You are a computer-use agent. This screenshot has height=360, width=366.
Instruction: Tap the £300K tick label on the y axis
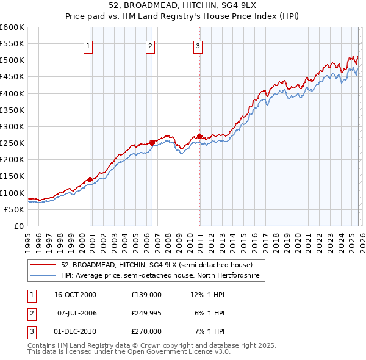12,126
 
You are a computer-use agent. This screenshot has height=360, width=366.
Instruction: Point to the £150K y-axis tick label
12,176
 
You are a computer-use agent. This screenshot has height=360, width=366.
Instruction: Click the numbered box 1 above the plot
89,45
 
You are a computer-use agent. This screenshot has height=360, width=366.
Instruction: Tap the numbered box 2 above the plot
150,45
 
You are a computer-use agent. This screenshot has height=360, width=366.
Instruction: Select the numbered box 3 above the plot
198,45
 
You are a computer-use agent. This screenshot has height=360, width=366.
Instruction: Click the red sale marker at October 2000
90,179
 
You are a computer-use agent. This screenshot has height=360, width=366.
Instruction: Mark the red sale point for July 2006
152,143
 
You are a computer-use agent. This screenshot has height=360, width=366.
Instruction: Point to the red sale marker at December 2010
199,136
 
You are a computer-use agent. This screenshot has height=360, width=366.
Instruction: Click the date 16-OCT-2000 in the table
75,294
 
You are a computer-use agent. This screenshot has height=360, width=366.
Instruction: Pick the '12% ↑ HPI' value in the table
207,294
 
